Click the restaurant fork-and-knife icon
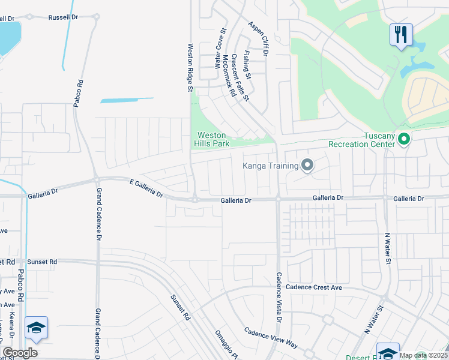click(400, 34)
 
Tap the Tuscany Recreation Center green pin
click(404, 139)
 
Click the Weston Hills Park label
click(212, 140)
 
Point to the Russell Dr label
click(64, 17)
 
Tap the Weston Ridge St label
click(189, 67)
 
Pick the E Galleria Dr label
click(146, 188)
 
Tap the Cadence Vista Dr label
click(279, 298)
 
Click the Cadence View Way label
click(271, 337)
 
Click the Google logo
click(20, 353)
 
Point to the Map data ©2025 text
click(423, 355)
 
